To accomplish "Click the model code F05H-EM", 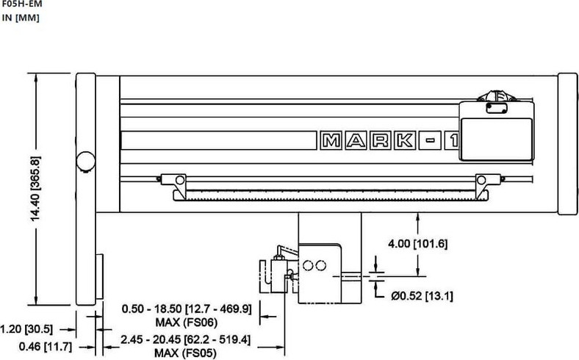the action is coord(22,4).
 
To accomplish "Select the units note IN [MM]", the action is coord(21,18).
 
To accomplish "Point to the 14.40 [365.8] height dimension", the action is coord(35,189).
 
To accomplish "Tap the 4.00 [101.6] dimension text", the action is coord(417,244).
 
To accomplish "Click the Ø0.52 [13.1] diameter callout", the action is coord(422,296).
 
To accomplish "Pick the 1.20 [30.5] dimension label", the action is coord(26,328).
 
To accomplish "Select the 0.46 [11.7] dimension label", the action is coord(46,347).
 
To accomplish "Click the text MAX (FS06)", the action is coord(187,323).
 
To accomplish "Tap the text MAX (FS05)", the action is coord(185,353).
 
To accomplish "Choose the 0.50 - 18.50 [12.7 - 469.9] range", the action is coord(187,309).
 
